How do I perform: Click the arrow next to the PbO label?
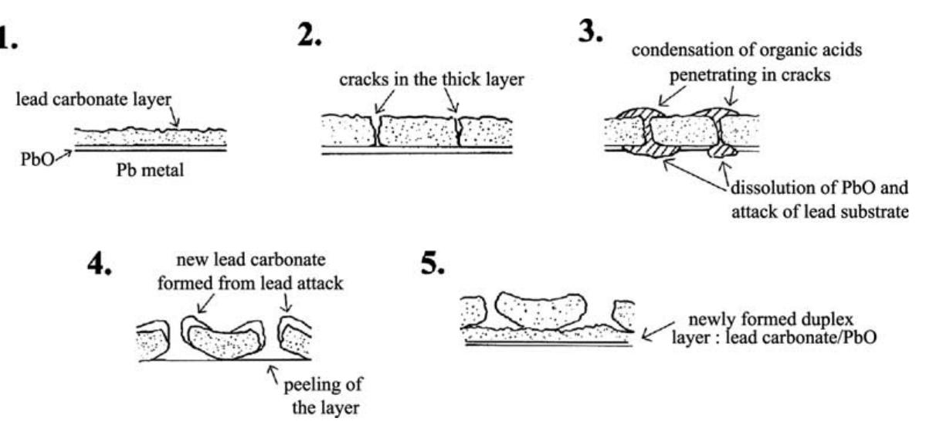click(62, 155)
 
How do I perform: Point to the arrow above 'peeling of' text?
click(270, 374)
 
